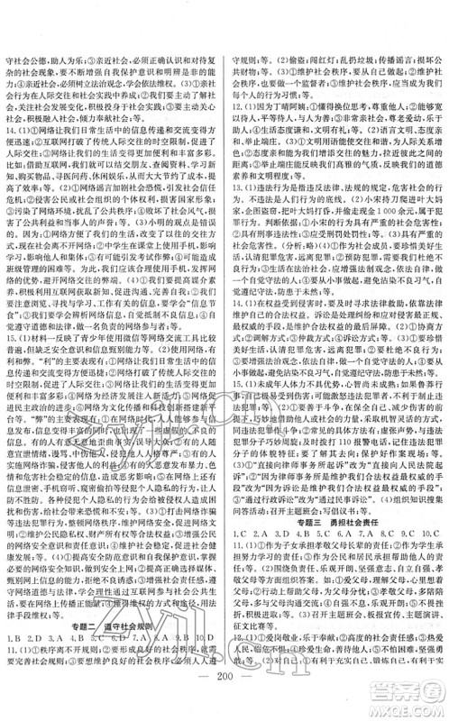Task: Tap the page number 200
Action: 224,694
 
